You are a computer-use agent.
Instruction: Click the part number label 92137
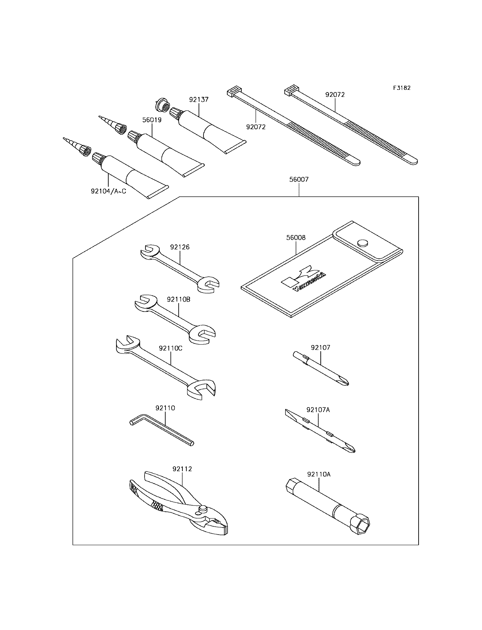click(199, 100)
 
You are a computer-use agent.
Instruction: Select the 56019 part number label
click(152, 120)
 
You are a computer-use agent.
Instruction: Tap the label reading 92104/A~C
click(108, 191)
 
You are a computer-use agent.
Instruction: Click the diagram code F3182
click(402, 88)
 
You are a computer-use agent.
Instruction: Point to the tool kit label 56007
click(299, 179)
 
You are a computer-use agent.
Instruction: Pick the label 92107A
click(318, 410)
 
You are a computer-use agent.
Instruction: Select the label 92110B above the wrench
click(178, 299)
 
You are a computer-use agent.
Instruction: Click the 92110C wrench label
click(170, 348)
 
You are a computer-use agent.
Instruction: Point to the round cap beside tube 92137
click(163, 106)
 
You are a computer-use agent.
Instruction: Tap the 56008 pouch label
click(296, 238)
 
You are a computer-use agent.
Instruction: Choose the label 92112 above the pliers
click(182, 469)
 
